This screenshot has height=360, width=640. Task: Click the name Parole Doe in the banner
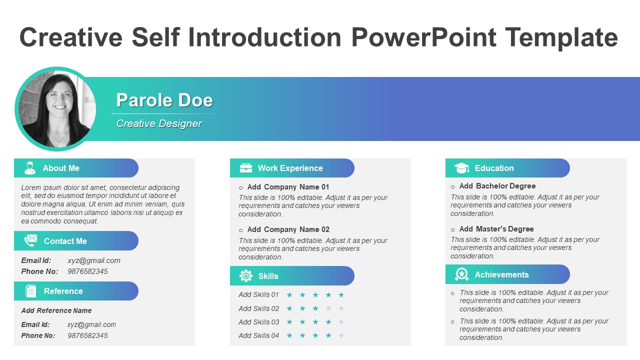pos(164,100)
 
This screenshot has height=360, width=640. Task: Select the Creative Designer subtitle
pos(159,123)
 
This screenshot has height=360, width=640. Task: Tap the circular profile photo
pos(55,109)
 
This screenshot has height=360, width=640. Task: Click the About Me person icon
pos(30,168)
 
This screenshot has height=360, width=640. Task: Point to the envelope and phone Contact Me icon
pos(30,241)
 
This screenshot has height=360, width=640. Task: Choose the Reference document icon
pos(31,291)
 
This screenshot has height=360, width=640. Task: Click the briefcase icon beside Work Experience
pos(246,168)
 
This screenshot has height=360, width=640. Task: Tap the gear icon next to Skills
pos(246,276)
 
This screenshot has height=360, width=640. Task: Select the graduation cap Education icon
pos(461,168)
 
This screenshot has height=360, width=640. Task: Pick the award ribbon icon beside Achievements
pos(461,274)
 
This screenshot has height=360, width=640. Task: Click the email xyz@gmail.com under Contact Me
pos(94,260)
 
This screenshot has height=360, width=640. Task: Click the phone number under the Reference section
pos(87,335)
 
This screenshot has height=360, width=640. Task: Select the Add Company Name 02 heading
pos(288,229)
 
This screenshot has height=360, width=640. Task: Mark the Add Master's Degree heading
pos(496,229)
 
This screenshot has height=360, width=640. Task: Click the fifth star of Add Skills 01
pos(341,295)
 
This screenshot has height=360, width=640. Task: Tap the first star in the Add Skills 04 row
pos(289,335)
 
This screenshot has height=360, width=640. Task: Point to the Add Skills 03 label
pos(258,322)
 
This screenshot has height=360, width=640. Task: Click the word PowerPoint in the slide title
pos(424,37)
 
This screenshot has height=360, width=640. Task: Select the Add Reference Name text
pos(56,310)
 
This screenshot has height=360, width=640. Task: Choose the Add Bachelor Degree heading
pos(497,186)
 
